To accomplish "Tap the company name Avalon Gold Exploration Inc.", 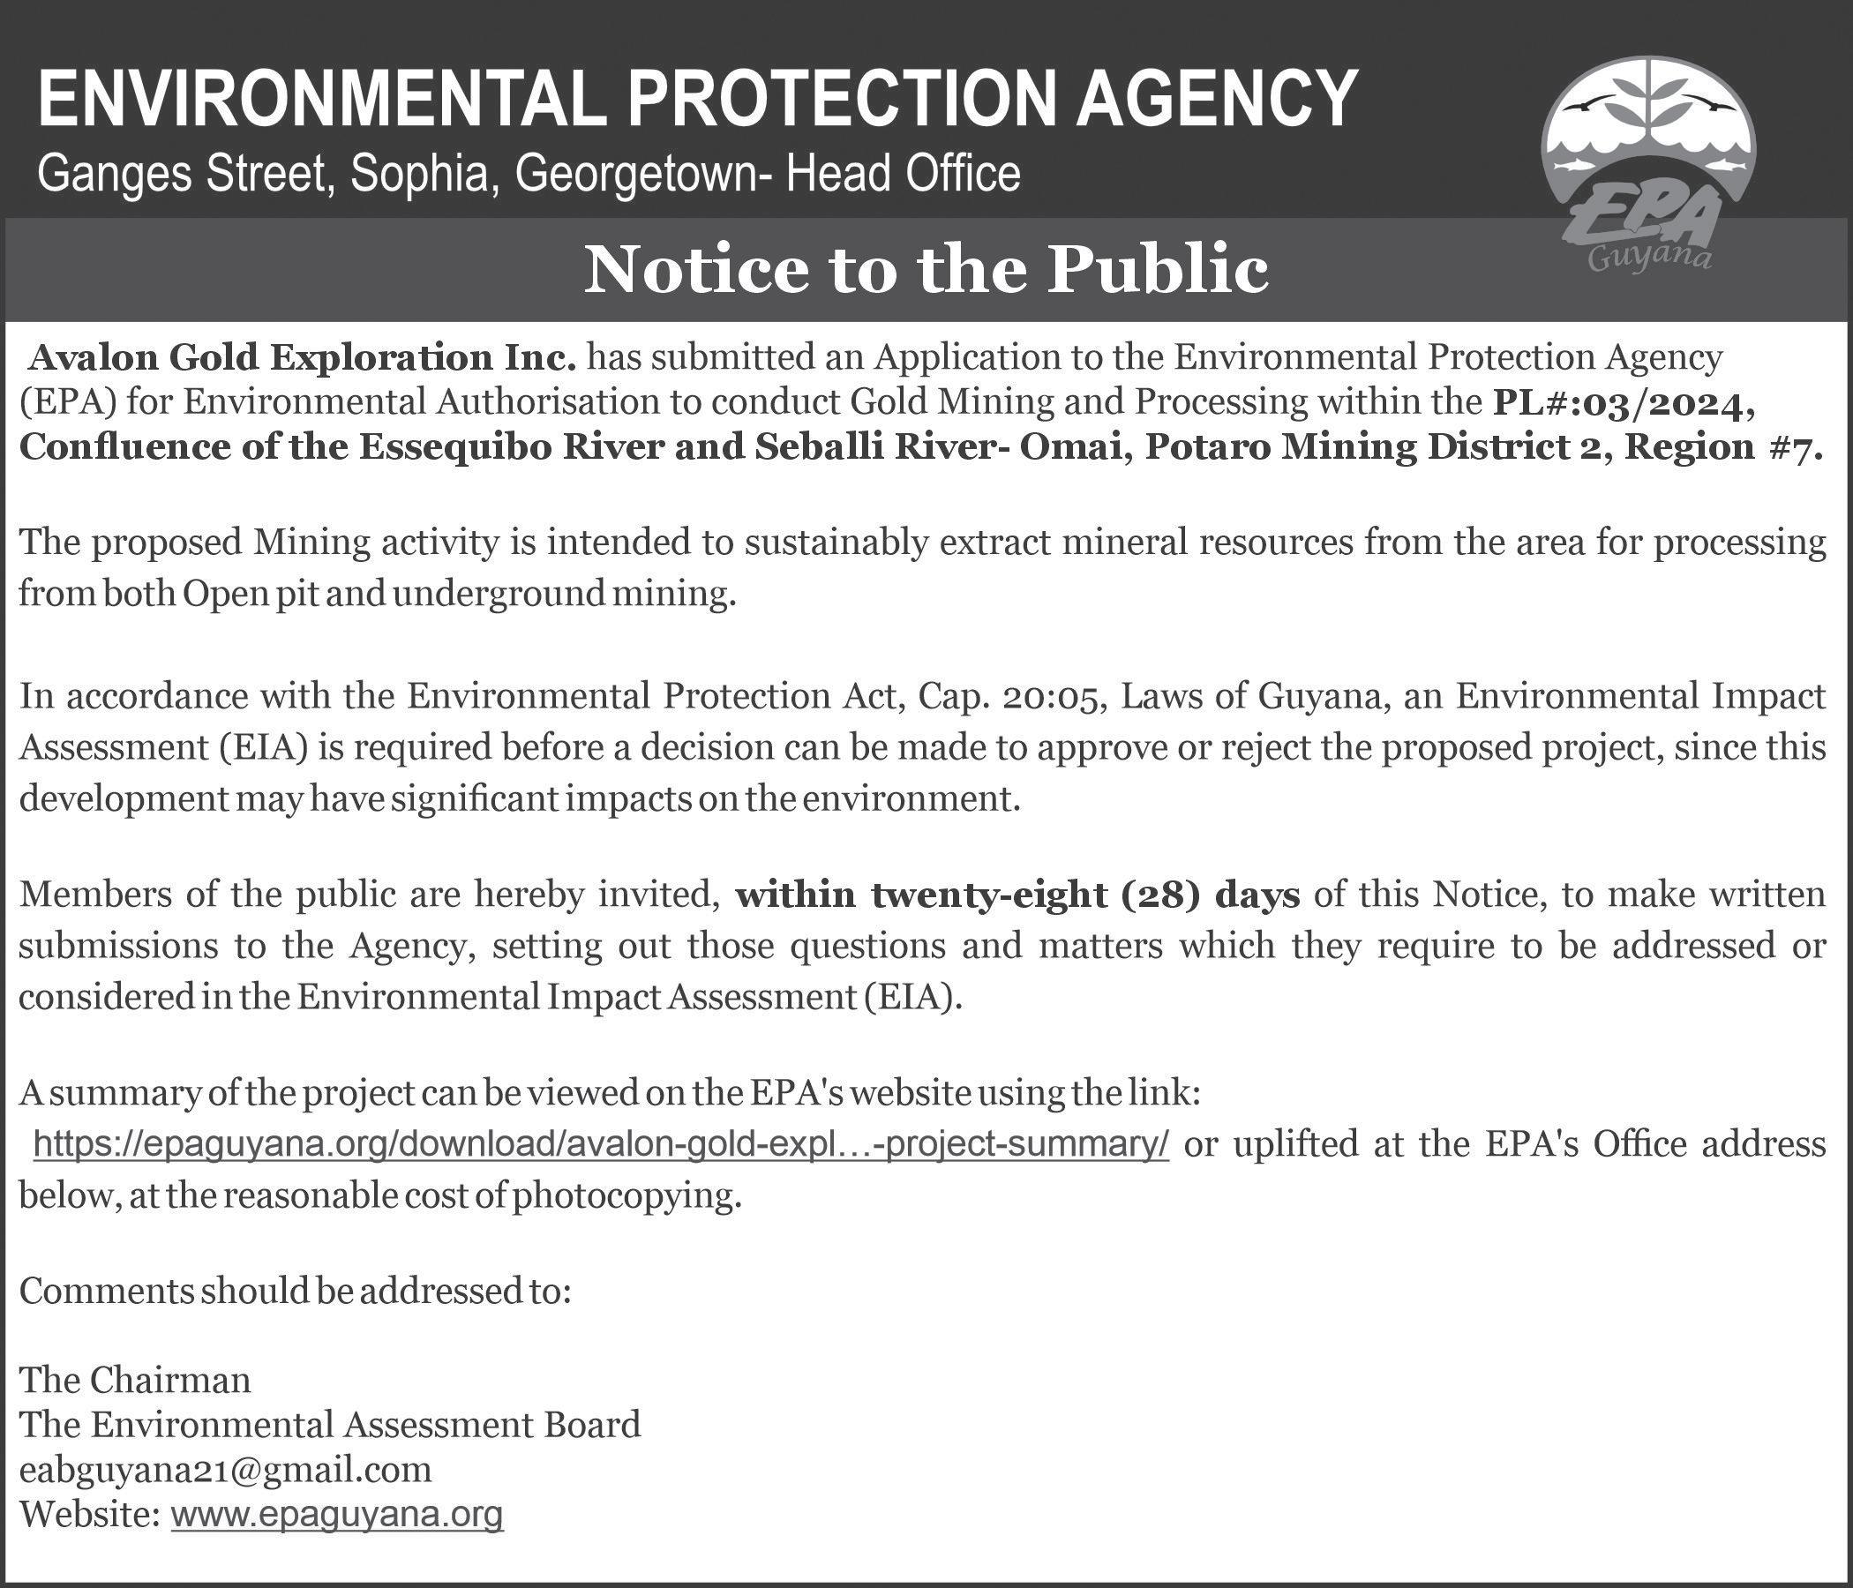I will pyautogui.click(x=302, y=358).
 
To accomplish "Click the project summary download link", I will pyautogui.click(x=601, y=1142).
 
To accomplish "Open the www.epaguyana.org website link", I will pyautogui.click(x=336, y=1515).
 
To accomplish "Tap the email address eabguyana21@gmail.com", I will pyautogui.click(x=225, y=1469).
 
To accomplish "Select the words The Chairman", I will pyautogui.click(x=135, y=1380).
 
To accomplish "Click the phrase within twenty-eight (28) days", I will pyautogui.click(x=1017, y=895).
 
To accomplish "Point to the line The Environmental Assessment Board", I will pyautogui.click(x=330, y=1424).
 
